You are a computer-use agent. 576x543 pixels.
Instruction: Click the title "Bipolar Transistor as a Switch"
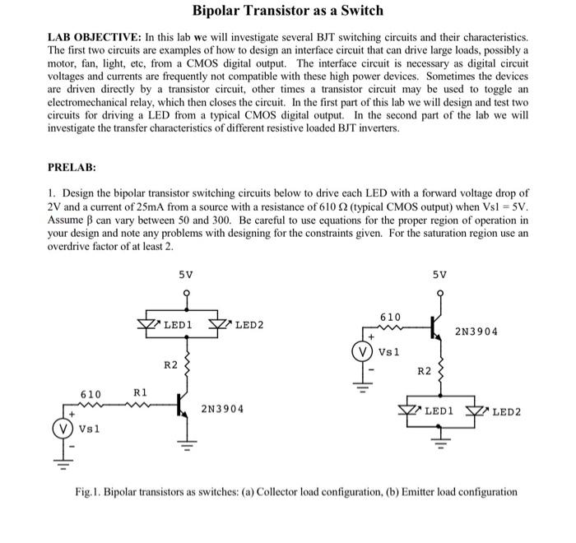click(288, 11)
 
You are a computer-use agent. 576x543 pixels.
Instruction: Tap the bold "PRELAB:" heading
click(72, 167)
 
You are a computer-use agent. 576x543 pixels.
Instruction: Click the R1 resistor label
click(140, 393)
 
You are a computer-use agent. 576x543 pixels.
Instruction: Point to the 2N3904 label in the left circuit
click(222, 409)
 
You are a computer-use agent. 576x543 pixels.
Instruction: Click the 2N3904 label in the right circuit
click(476, 332)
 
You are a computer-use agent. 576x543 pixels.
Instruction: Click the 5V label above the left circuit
click(187, 274)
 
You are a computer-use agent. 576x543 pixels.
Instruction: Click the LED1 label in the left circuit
click(178, 326)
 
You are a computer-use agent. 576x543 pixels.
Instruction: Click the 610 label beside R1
click(91, 394)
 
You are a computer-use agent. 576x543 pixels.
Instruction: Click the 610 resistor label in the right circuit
click(391, 317)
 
